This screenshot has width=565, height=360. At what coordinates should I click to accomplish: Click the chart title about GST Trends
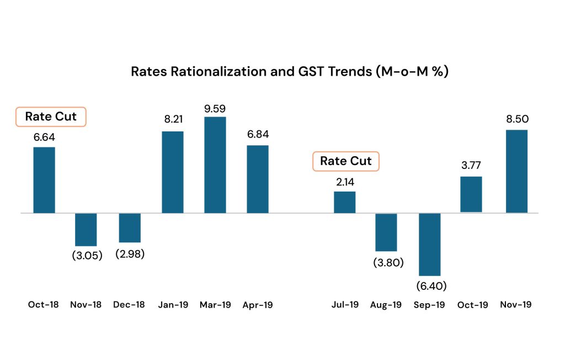(x=290, y=72)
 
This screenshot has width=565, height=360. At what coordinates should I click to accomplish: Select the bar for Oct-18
(x=44, y=180)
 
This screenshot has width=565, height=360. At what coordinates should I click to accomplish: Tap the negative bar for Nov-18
(x=86, y=229)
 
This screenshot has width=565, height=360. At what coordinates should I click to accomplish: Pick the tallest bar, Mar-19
(x=215, y=165)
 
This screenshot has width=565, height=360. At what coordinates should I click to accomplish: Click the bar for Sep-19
(x=430, y=244)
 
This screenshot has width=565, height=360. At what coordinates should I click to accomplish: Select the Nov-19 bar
(x=516, y=171)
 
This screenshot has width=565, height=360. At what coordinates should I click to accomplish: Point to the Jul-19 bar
(x=344, y=202)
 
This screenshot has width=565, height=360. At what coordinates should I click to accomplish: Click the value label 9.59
(x=215, y=109)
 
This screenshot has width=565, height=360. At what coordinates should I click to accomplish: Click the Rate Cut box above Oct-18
(x=51, y=117)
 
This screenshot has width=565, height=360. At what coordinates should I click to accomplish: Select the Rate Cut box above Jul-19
(x=346, y=161)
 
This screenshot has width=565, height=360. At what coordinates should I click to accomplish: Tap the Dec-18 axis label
(x=129, y=305)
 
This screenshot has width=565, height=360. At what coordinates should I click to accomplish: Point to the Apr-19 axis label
(x=258, y=305)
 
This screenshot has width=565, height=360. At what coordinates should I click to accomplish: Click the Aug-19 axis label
(x=386, y=305)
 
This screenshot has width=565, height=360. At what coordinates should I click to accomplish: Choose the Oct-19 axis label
(x=473, y=305)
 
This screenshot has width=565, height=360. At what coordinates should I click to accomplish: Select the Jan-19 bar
(x=172, y=172)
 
